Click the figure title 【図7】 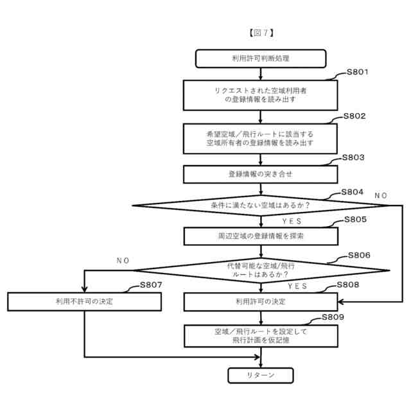tap(261, 31)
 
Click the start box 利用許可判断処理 tap(260, 58)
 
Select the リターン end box tap(260, 375)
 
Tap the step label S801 tap(357, 72)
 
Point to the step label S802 tap(354, 116)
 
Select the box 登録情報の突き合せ tap(260, 174)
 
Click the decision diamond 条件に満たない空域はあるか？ tap(260, 205)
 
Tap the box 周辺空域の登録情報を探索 tap(260, 236)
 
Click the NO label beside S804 tap(381, 195)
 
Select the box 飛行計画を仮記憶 tap(260, 335)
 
